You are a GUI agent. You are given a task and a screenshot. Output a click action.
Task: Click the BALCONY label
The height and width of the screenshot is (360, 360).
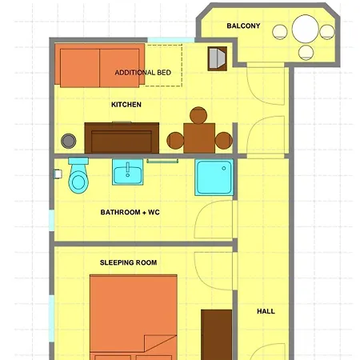243,26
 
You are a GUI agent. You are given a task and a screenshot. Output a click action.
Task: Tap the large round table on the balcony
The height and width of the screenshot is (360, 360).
306,30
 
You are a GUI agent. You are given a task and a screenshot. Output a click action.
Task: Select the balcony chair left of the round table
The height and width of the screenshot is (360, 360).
280,32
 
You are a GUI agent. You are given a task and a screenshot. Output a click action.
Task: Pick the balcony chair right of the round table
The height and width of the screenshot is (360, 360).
327,32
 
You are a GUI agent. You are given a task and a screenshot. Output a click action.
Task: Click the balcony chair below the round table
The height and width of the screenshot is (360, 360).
306,53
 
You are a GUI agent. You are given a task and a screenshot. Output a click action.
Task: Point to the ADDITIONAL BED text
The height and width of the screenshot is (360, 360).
143,73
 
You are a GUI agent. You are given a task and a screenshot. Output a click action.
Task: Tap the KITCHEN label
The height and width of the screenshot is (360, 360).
126,105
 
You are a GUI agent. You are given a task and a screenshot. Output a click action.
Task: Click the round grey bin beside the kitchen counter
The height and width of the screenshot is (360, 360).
70,141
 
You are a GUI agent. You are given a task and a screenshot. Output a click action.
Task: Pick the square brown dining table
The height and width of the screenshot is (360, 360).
198,138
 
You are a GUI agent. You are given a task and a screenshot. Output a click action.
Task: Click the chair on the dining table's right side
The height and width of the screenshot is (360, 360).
223,142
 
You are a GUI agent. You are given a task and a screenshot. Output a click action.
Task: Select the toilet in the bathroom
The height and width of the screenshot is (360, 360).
78,177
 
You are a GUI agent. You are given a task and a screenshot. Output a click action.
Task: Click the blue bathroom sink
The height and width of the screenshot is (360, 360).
128,173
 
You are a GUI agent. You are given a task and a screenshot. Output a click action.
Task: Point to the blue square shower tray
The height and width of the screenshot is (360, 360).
214,178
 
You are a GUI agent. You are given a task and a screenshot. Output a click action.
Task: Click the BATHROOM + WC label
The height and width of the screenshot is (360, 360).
130,213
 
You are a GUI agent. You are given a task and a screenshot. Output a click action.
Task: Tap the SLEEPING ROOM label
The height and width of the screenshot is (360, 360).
128,262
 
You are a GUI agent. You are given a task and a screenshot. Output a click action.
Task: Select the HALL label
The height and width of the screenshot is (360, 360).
266,311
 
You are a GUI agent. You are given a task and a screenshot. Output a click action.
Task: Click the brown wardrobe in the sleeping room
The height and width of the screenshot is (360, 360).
216,334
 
